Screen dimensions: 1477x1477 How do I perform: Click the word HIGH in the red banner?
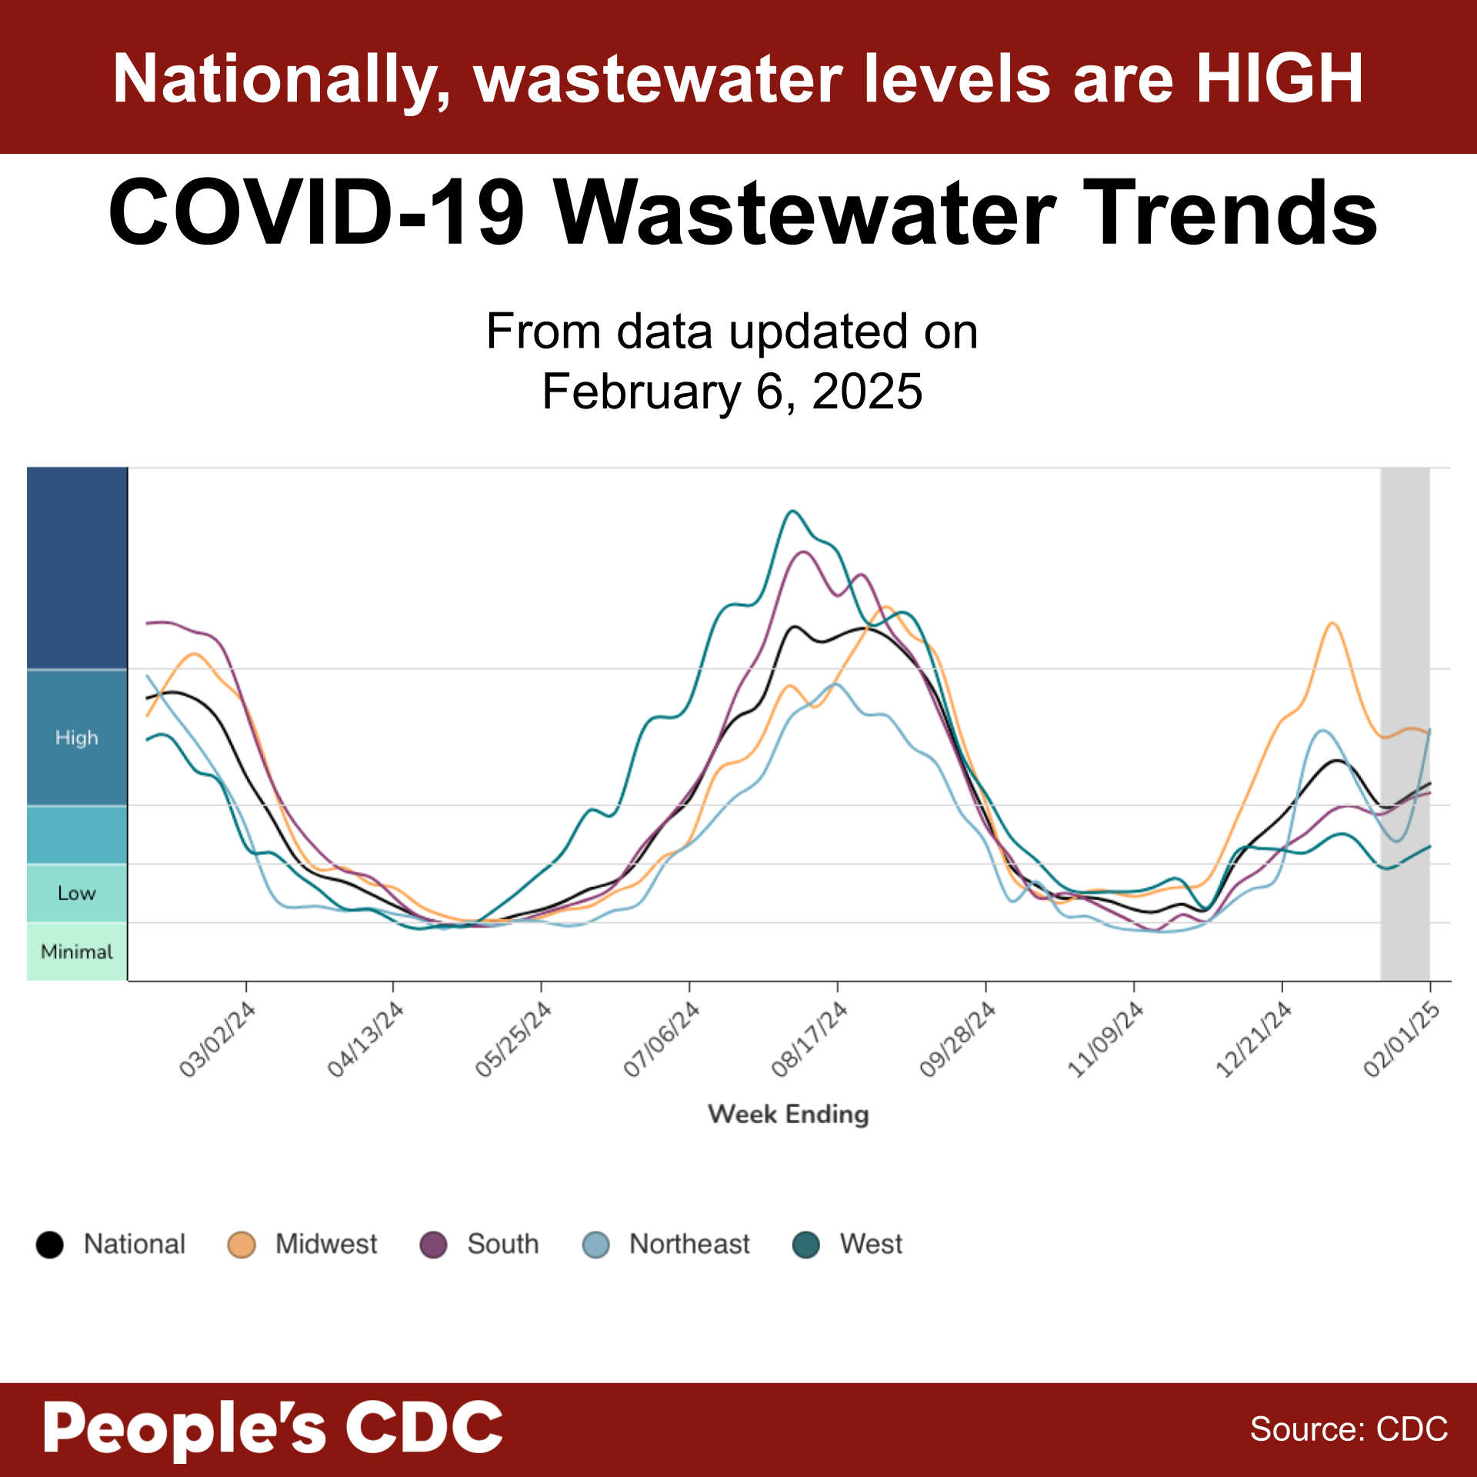pyautogui.click(x=1279, y=78)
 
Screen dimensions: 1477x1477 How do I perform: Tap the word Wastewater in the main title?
pyautogui.click(x=805, y=213)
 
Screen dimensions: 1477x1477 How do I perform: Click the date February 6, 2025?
pyautogui.click(x=732, y=392)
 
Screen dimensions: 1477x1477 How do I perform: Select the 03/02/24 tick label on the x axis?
pyautogui.click(x=217, y=1039)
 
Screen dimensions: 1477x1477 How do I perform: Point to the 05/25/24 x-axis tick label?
pyautogui.click(x=513, y=1039)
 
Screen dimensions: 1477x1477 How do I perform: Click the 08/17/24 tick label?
pyautogui.click(x=809, y=1039)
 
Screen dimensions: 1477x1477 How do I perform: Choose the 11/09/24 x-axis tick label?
pyautogui.click(x=1105, y=1039)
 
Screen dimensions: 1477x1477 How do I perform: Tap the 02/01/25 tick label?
pyautogui.click(x=1401, y=1039)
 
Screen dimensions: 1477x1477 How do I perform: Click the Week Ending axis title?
pyautogui.click(x=789, y=1114)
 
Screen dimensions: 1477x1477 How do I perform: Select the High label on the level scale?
pyautogui.click(x=77, y=738)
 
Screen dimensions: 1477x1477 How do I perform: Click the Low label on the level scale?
pyautogui.click(x=77, y=893)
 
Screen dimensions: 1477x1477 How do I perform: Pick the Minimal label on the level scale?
pyautogui.click(x=77, y=952)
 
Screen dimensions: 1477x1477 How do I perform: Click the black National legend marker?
pyautogui.click(x=50, y=1245)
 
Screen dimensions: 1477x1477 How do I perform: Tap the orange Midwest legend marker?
pyautogui.click(x=242, y=1245)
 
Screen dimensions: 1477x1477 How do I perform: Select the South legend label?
pyautogui.click(x=503, y=1244)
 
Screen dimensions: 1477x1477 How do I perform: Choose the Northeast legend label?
pyautogui.click(x=689, y=1244)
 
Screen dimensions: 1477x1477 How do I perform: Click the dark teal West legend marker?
pyautogui.click(x=806, y=1245)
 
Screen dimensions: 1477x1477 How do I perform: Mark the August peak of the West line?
pyautogui.click(x=792, y=511)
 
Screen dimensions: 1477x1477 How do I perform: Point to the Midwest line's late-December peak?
pyautogui.click(x=1332, y=623)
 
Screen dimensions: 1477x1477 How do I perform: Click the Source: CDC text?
pyautogui.click(x=1349, y=1429)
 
